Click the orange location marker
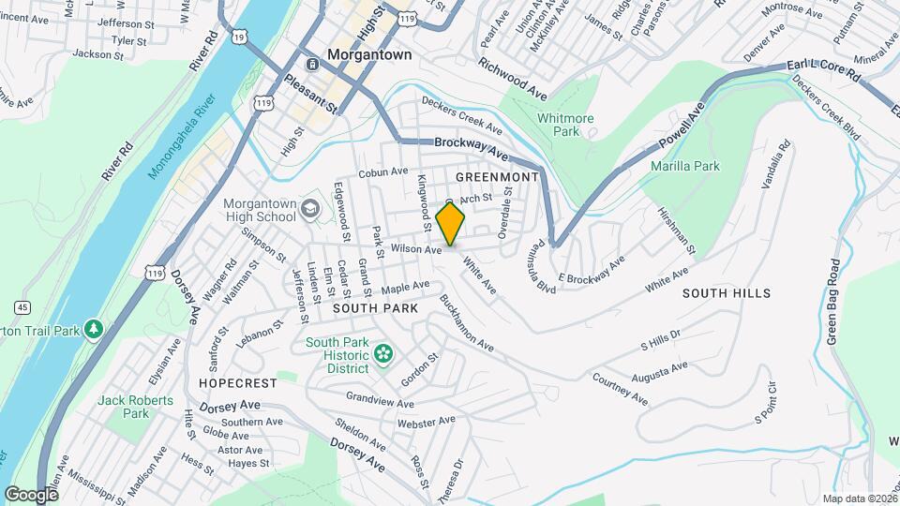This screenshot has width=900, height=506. (x=451, y=225)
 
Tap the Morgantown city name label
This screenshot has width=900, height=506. (x=369, y=55)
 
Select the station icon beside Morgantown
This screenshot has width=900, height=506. (x=312, y=55)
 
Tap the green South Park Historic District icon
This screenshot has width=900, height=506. (x=382, y=353)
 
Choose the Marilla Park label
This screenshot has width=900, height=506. (x=684, y=166)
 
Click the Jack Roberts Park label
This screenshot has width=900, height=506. (x=136, y=407)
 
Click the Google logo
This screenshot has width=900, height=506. (x=32, y=494)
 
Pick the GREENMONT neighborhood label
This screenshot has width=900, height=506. (x=497, y=177)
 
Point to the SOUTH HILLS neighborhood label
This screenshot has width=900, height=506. (x=726, y=293)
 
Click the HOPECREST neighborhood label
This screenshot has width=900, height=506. (x=237, y=383)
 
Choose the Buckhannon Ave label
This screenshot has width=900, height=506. (x=466, y=324)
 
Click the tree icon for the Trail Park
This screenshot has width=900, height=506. (x=93, y=330)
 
